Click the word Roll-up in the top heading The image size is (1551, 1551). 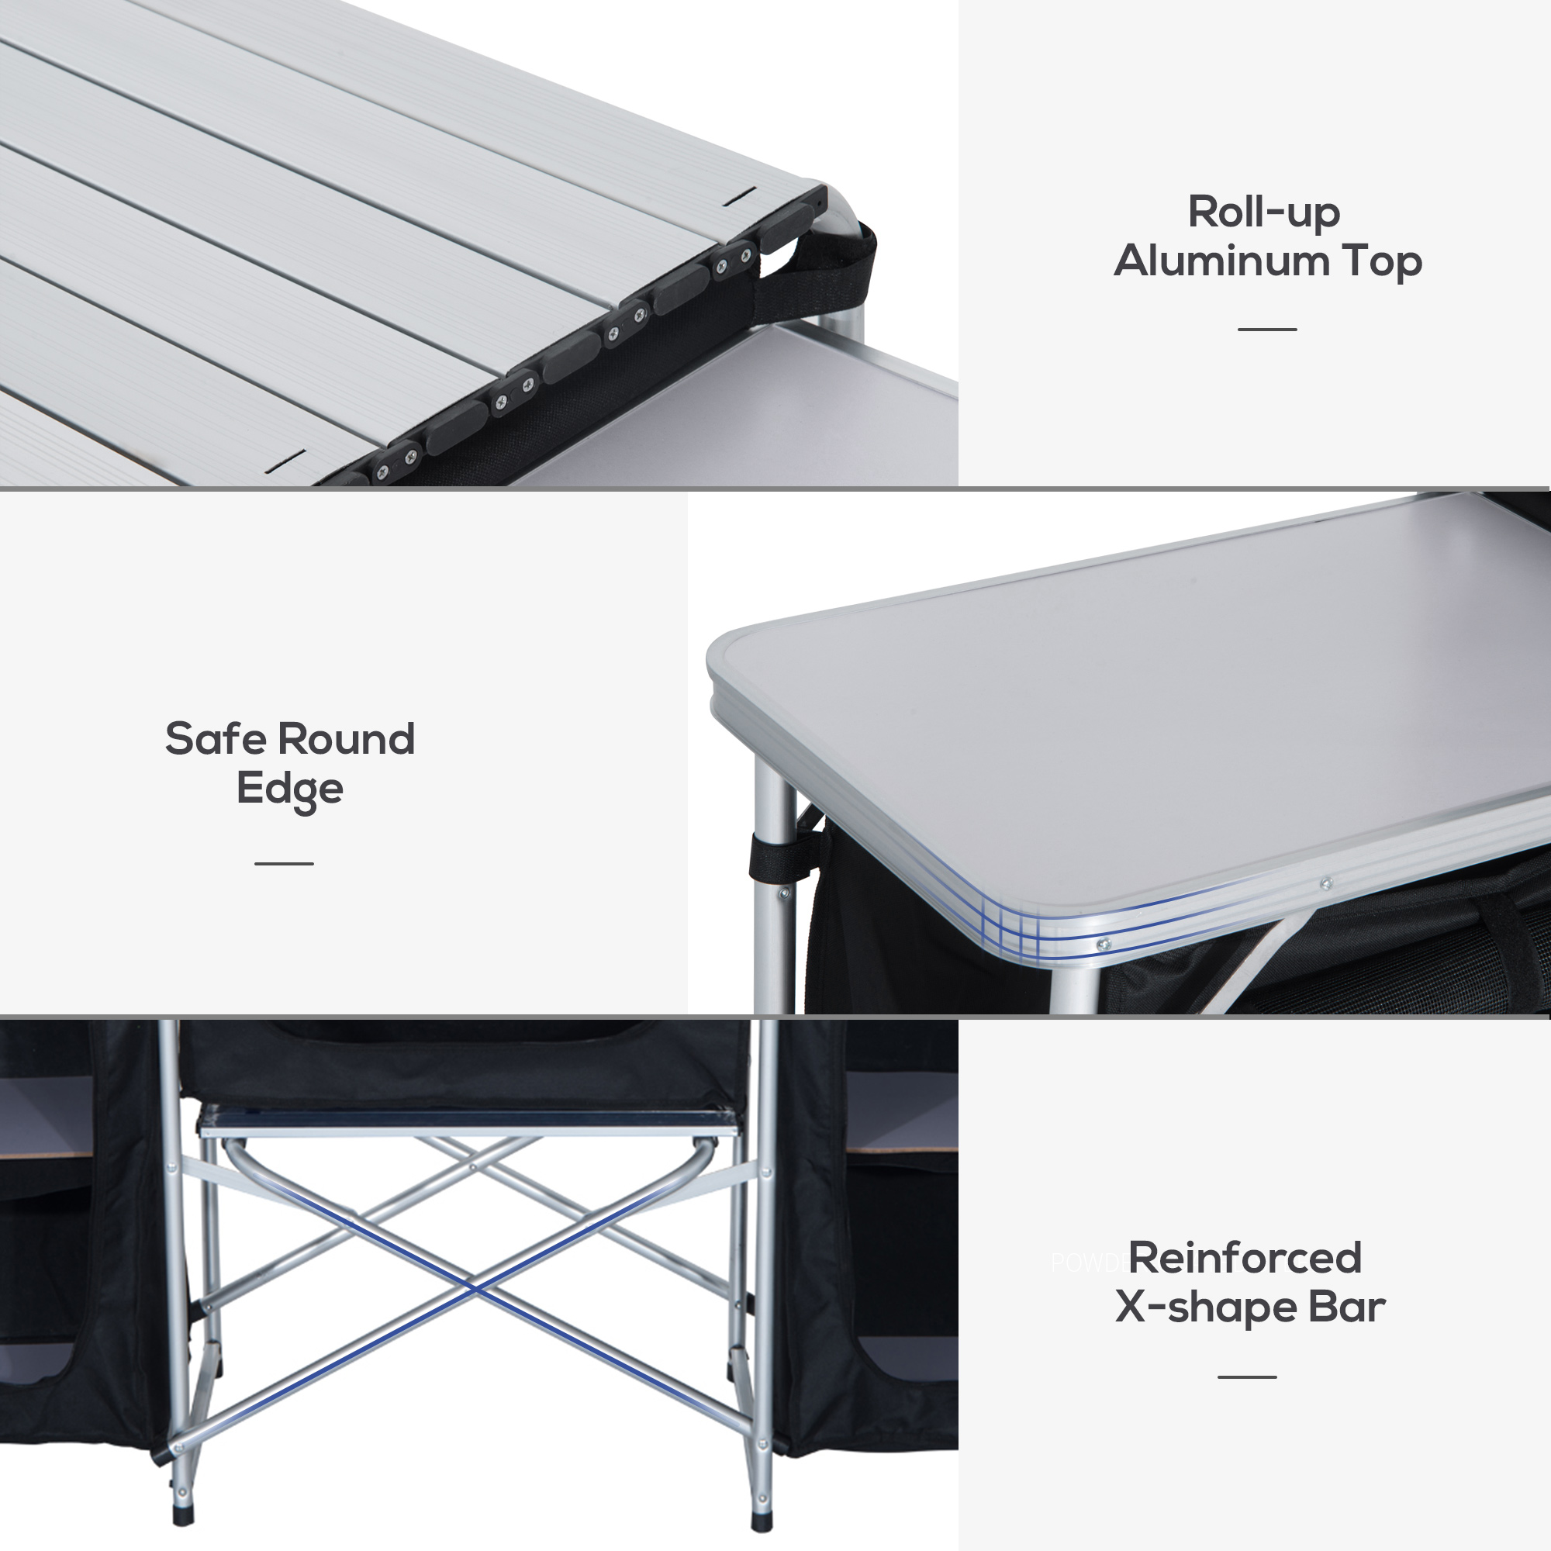point(1263,212)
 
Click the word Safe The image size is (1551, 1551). point(214,738)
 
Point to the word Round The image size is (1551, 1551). point(346,738)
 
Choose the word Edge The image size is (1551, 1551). point(290,789)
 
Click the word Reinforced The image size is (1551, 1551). point(1245,1258)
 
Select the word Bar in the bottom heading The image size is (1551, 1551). point(1346,1307)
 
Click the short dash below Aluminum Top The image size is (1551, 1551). point(1267,329)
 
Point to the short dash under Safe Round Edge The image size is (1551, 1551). point(284,863)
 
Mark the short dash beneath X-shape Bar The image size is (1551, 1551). point(1247,1377)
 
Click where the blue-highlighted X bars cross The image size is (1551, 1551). point(475,1288)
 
